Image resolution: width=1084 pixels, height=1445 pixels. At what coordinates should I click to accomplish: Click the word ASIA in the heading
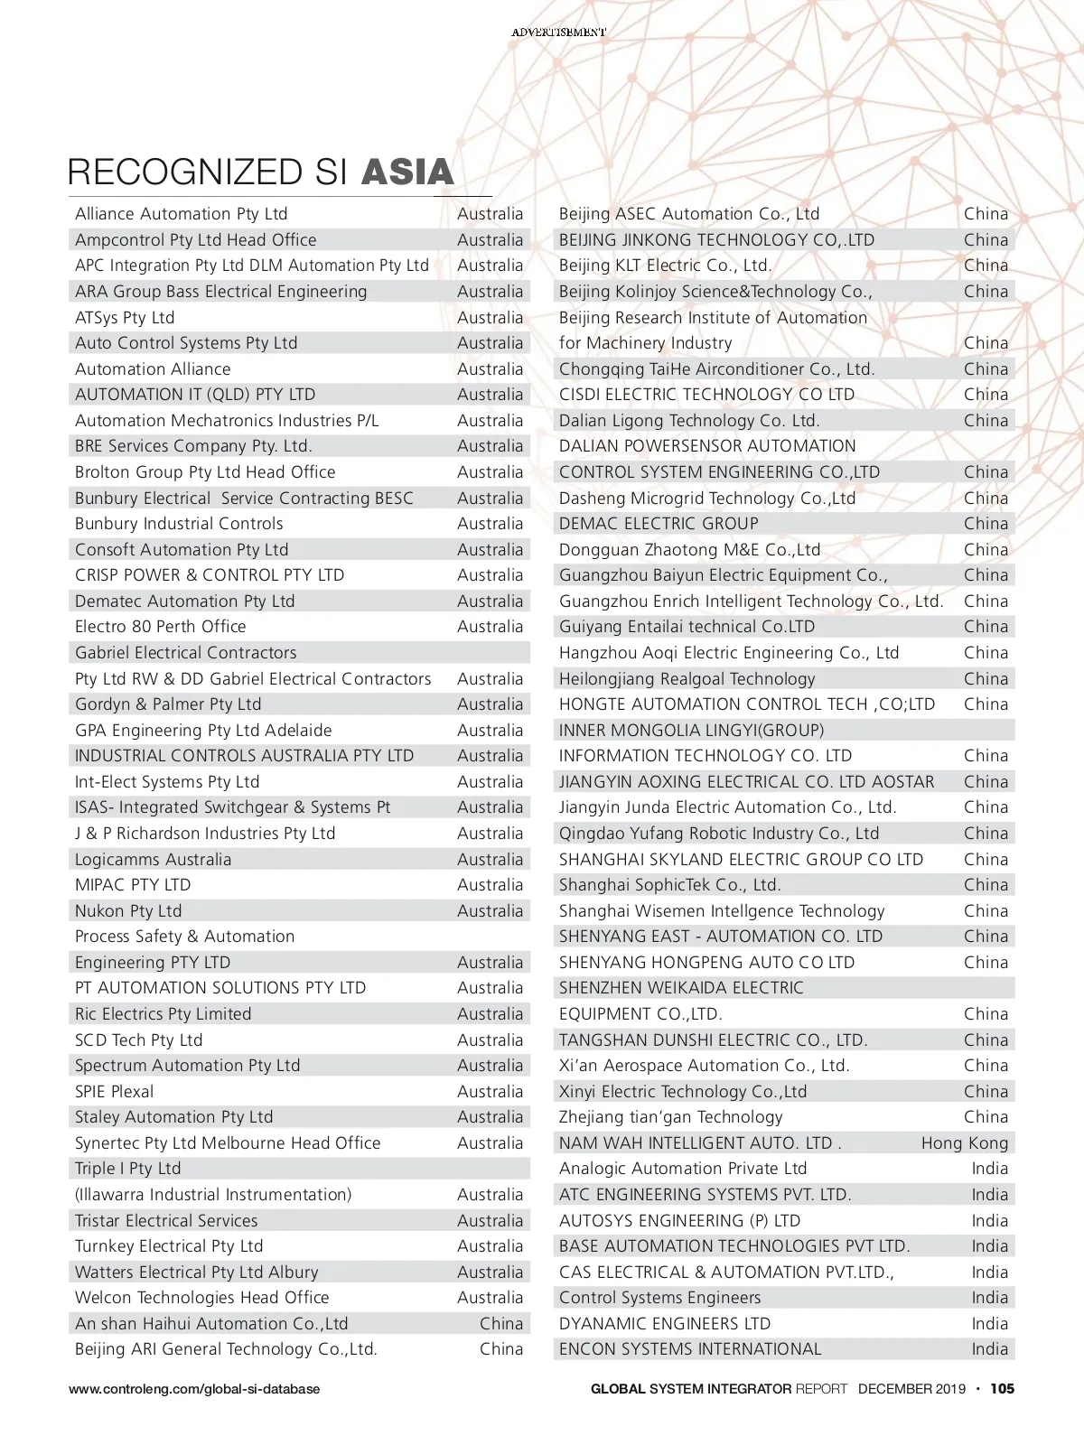pos(407,172)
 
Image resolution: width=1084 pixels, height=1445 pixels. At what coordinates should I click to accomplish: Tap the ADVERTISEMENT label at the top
pos(558,32)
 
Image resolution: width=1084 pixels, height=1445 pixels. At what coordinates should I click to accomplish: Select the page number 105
pos(1002,1389)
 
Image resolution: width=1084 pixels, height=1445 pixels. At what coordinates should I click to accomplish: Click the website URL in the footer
pos(194,1389)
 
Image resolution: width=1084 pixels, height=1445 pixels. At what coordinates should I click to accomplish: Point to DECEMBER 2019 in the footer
pos(911,1389)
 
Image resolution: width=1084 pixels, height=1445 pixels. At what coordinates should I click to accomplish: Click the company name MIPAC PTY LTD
pos(133,885)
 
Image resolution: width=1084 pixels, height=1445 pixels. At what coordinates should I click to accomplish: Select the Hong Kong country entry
pos(964,1143)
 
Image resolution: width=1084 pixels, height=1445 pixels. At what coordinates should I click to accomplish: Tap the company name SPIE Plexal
pos(115,1092)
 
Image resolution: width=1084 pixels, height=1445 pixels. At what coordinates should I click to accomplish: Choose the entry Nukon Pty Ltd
pos(128,911)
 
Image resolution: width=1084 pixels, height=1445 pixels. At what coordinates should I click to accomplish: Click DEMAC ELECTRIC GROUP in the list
pos(659,524)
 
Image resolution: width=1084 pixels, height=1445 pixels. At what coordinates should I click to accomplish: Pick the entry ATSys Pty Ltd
pos(125,318)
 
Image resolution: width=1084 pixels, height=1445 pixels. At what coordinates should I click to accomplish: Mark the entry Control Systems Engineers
pos(659,1298)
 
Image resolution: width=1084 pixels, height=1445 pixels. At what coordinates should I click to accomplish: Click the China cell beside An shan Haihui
pos(501,1324)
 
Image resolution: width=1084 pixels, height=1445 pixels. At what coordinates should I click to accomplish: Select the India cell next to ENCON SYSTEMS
pos(989,1349)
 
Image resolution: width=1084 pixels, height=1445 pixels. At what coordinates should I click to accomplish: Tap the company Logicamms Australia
pos(153,860)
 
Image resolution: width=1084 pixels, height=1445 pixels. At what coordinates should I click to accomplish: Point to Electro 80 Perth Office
pos(160,627)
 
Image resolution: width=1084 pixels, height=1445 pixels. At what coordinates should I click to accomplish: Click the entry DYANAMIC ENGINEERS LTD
pos(665,1324)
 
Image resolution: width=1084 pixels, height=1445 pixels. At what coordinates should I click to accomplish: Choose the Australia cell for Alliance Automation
pos(490,214)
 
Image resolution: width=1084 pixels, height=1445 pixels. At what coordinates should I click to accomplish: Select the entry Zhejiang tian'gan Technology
pos(670,1117)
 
